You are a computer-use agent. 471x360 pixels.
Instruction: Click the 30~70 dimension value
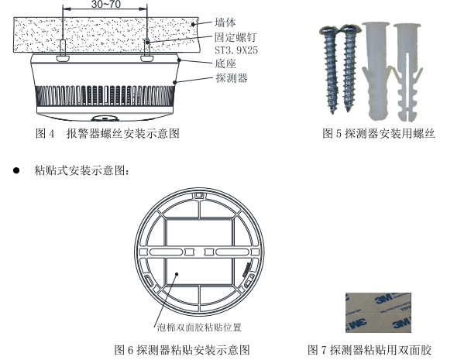[105, 5]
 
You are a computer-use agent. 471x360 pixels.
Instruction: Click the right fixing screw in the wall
[147, 48]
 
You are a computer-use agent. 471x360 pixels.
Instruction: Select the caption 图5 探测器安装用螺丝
[379, 134]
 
